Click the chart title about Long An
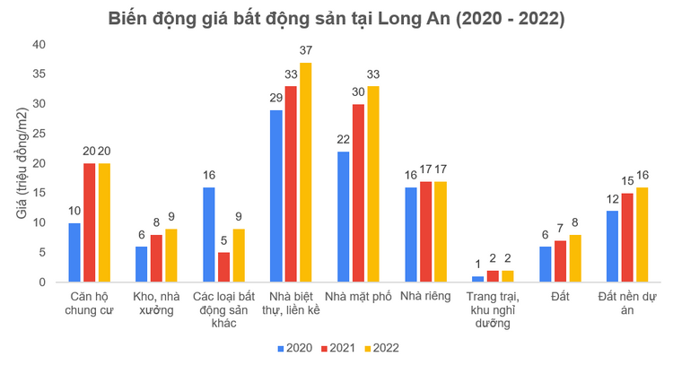click(x=336, y=17)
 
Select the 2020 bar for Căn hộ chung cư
click(x=74, y=253)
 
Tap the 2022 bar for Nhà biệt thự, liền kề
click(x=305, y=173)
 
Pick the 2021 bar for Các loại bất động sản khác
click(x=223, y=267)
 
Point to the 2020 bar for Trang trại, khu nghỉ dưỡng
click(x=478, y=280)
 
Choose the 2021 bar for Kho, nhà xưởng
click(x=156, y=259)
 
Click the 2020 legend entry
click(x=293, y=347)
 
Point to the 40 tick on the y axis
click(x=38, y=45)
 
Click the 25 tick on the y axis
click(x=38, y=134)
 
